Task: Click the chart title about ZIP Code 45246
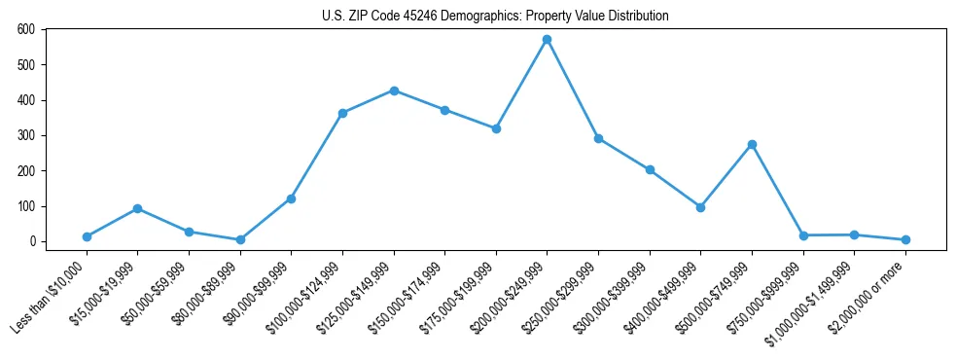[x=495, y=16]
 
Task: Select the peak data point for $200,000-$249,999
[x=547, y=39]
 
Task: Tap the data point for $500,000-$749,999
[x=752, y=144]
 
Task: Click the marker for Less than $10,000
[x=87, y=236]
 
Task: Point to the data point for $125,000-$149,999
[x=394, y=90]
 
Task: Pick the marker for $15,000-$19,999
[x=138, y=208]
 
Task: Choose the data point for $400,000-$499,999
[x=700, y=207]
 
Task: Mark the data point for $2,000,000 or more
[x=905, y=239]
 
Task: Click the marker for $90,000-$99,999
[x=291, y=198]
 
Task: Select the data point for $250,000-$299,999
[x=598, y=138]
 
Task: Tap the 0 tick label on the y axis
[x=32, y=241]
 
